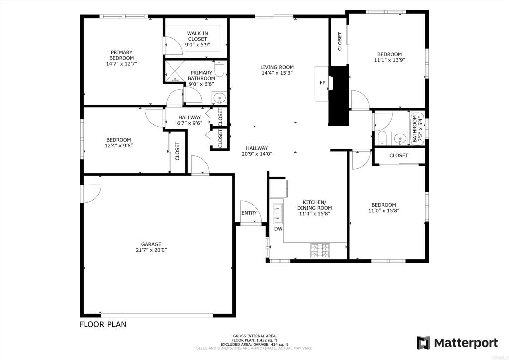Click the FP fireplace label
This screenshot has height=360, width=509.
[322, 83]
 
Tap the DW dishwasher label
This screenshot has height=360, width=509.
[278, 229]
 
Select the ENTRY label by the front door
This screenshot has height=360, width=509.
[249, 213]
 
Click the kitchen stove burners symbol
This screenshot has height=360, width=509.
[320, 250]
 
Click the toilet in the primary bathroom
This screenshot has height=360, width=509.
[219, 69]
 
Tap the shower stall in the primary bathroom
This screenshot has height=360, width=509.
[175, 71]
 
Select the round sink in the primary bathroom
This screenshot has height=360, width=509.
[219, 98]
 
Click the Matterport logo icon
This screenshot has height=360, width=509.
[424, 343]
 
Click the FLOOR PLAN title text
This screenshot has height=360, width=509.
[103, 324]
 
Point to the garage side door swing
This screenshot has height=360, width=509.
[92, 194]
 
